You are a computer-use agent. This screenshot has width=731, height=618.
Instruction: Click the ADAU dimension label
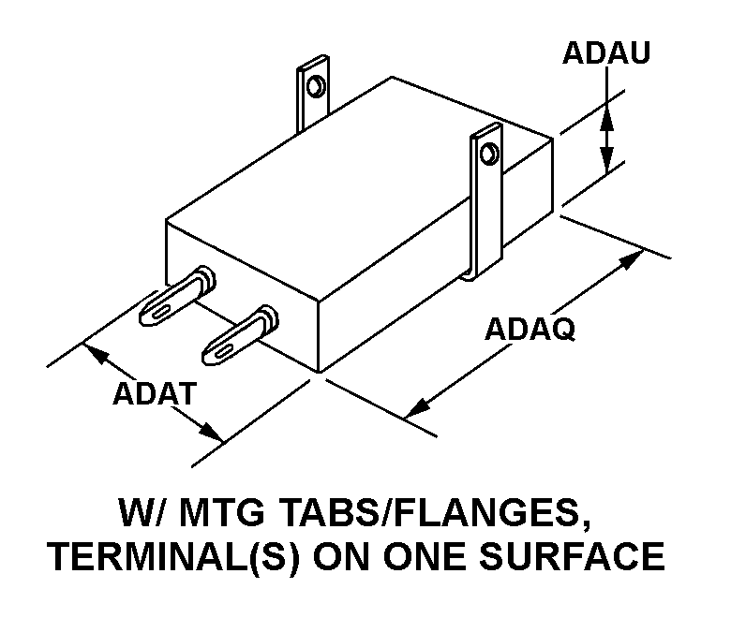point(606,52)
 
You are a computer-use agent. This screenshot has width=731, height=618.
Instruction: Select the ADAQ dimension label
point(530,329)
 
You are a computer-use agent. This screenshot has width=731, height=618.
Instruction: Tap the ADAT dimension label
point(156,393)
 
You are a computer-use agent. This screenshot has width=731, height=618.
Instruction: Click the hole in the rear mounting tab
point(316,86)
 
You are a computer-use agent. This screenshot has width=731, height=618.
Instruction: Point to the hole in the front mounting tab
point(488,154)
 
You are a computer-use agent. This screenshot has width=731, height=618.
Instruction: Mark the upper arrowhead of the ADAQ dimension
point(630,261)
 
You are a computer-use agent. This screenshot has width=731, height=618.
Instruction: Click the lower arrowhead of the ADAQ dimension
point(418,408)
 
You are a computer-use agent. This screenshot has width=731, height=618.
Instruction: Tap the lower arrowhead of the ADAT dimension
point(209,433)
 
